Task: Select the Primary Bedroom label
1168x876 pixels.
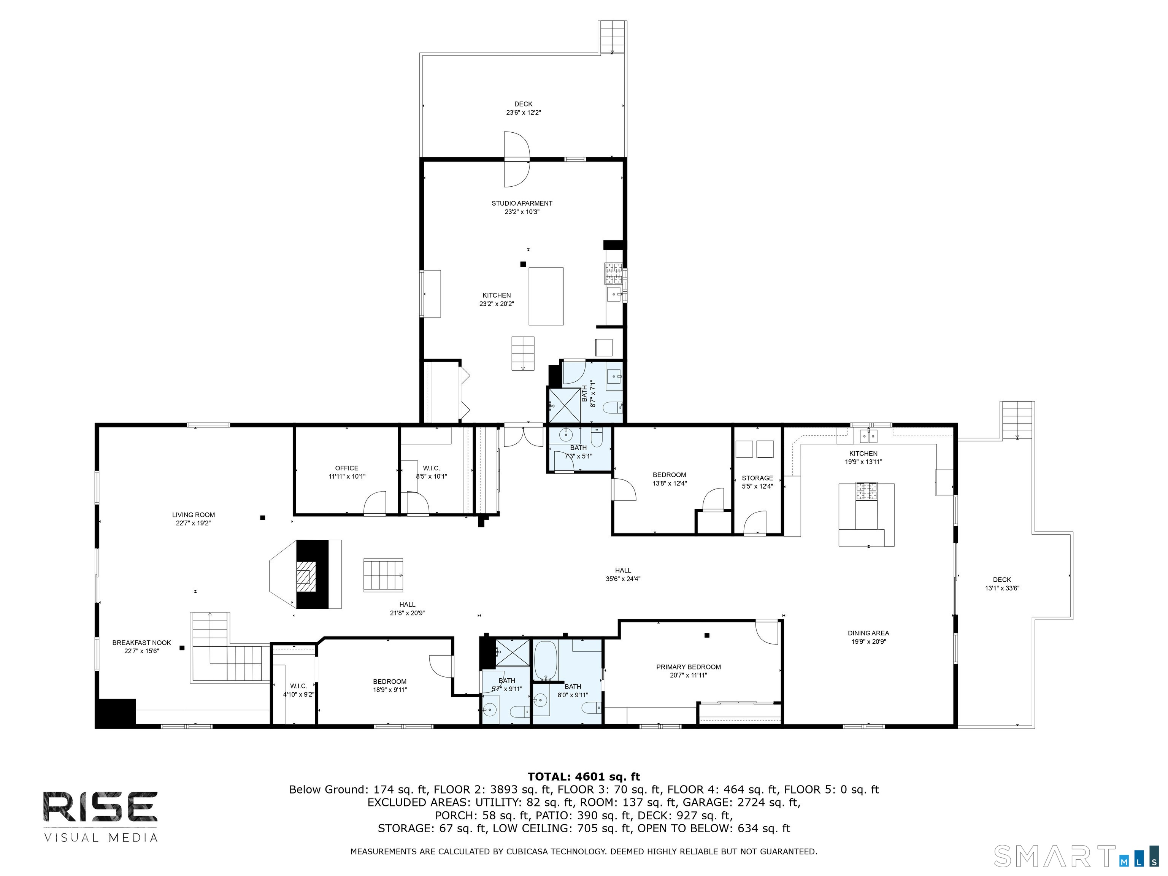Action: [x=689, y=667]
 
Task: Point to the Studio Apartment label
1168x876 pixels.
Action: [x=522, y=203]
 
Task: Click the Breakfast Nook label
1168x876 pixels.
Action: [x=141, y=643]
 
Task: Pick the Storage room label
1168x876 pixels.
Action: [x=757, y=478]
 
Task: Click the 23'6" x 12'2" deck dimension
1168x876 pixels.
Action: [x=523, y=113]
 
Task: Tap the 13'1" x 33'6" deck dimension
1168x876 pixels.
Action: [x=1002, y=588]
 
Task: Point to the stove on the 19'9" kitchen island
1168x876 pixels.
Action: [x=866, y=491]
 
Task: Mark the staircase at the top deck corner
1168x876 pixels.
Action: [x=613, y=37]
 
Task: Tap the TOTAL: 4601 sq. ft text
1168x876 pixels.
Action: [x=584, y=776]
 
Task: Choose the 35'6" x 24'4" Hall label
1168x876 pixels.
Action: [x=623, y=574]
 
